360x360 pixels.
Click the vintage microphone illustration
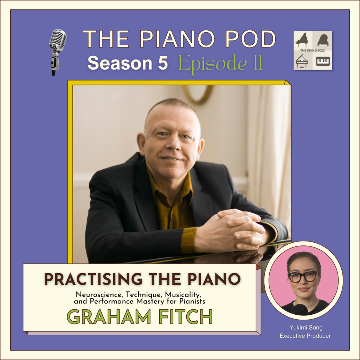pos(57,52)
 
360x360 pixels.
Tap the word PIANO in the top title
pos(177,39)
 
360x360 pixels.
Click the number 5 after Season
pos(163,63)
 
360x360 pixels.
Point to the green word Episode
pos(213,64)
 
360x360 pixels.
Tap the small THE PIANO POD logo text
pos(312,50)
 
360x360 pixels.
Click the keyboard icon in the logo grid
pos(323,61)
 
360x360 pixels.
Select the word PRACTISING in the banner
pos(93,279)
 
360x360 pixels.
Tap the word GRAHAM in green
pos(109,317)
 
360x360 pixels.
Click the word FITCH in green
pos(186,317)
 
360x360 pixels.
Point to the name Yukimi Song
pos(306,327)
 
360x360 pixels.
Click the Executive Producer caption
pos(305,336)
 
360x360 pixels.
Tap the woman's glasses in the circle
pos(303,277)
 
